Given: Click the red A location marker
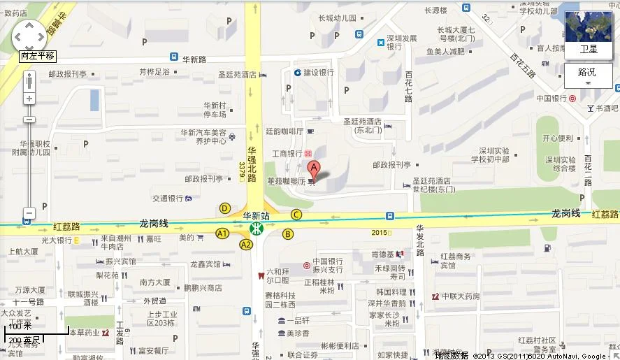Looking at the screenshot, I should point(314,168).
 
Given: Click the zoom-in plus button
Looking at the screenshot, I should point(29,99).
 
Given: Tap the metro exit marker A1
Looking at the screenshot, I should point(223,233).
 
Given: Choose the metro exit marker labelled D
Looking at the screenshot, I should point(225,208).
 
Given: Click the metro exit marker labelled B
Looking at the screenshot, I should point(288,233).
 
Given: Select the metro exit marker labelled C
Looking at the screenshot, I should point(296,215).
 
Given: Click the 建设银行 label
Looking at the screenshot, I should point(318,73).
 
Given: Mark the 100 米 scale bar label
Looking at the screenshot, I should point(20,326).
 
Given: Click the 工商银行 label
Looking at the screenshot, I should point(287,153).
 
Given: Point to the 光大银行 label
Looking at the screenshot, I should point(57,240).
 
